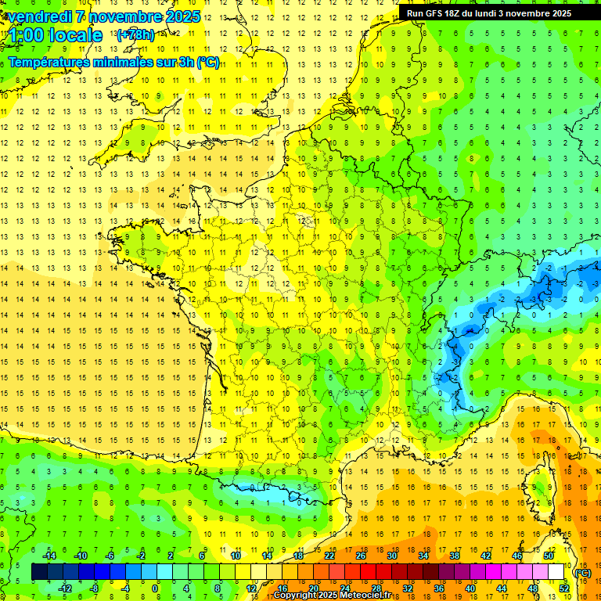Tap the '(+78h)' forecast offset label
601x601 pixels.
click(x=135, y=34)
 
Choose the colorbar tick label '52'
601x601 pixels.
click(x=564, y=588)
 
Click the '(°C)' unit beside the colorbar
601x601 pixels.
click(x=583, y=572)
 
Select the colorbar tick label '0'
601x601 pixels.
click(x=155, y=588)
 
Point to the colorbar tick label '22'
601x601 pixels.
click(x=329, y=555)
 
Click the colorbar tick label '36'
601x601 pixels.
click(x=439, y=588)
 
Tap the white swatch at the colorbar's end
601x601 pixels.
click(x=556, y=572)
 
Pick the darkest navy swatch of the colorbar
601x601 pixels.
click(x=39, y=572)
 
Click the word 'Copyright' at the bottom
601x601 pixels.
click(x=295, y=596)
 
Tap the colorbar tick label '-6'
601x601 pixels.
click(x=110, y=555)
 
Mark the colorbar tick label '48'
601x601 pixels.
click(x=533, y=588)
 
